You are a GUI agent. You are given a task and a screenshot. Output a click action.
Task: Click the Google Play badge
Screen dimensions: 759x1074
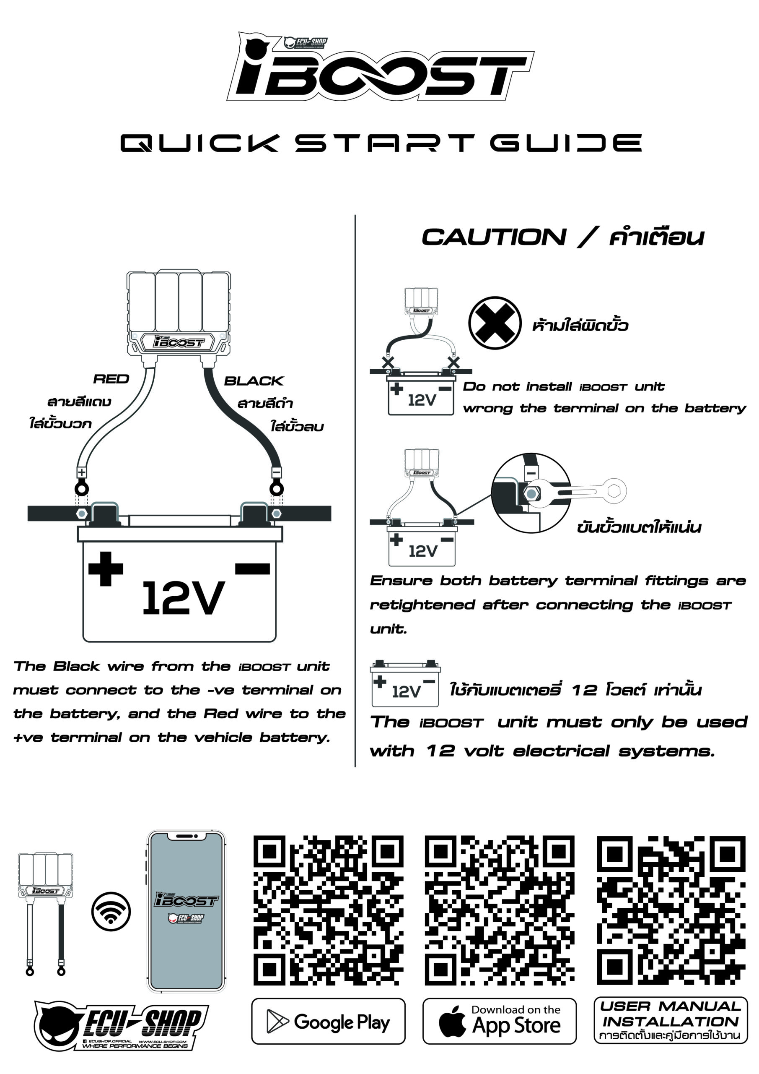coord(328,1021)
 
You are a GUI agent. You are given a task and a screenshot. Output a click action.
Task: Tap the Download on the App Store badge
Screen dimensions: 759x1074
coord(499,1021)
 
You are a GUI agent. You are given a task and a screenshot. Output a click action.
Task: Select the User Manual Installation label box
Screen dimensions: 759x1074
coord(671,1020)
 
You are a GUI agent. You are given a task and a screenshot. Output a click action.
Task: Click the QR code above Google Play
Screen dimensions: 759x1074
coord(328,910)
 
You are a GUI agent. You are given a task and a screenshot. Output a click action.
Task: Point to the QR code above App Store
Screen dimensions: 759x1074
coord(500,910)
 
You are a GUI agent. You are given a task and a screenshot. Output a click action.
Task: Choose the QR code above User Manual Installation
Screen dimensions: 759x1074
coord(671,910)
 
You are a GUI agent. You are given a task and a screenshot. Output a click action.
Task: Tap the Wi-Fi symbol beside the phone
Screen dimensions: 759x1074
coord(111,912)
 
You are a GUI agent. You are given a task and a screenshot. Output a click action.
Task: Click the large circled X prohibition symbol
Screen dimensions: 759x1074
coord(495,323)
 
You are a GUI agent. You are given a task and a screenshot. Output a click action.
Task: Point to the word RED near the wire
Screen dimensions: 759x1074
coord(111,379)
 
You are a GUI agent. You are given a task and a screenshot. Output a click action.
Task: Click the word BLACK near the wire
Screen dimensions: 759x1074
coord(254,381)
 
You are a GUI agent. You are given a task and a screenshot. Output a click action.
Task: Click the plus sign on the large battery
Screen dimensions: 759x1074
coord(106,569)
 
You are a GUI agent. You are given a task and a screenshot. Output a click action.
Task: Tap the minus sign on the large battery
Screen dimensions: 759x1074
coord(252,569)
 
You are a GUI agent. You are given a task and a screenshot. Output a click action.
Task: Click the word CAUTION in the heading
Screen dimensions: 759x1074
coord(494,237)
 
